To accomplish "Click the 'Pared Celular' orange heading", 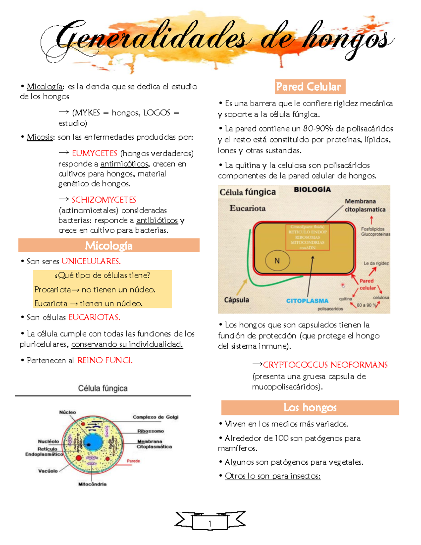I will click(308, 87).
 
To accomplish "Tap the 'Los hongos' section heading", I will click(310, 407).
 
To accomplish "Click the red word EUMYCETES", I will click(94, 153).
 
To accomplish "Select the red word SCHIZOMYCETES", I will click(104, 200).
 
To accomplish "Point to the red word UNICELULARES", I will click(91, 261).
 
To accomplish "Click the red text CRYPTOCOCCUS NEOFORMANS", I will click(325, 365).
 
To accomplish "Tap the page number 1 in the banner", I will click(210, 524).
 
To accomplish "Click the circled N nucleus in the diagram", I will click(277, 261).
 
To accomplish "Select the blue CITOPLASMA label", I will click(307, 301).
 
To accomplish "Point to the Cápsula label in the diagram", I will click(236, 300).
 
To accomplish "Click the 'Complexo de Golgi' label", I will click(155, 417).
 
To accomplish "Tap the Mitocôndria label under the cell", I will click(92, 484).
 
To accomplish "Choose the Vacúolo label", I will click(48, 471).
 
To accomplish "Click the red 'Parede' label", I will click(133, 461).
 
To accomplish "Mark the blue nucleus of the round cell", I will click(93, 444).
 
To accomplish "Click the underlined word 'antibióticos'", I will click(157, 220).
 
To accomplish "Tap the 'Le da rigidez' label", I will click(376, 263).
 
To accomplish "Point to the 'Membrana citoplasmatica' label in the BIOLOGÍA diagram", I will click(365, 205).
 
